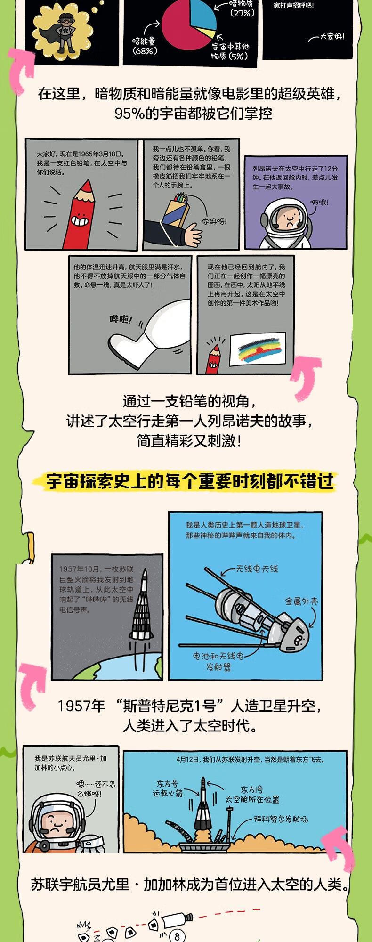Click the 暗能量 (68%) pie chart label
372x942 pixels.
point(144,46)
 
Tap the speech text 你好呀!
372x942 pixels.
point(214,221)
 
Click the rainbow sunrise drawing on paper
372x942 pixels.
point(258,349)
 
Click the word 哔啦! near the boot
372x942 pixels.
point(121,319)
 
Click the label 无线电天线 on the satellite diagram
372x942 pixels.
point(258,569)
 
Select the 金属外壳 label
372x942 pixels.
point(301,601)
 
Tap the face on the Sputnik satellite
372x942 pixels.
point(299,640)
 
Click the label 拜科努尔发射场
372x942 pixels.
point(281,819)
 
